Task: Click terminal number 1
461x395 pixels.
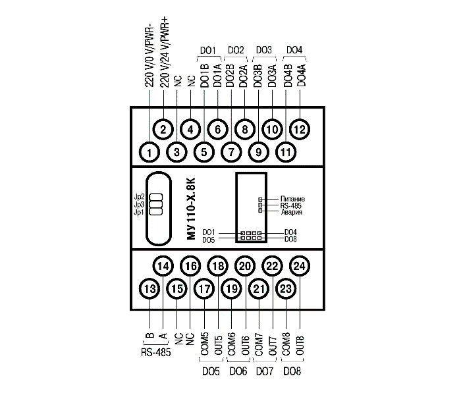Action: [150, 153]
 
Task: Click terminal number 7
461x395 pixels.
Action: [231, 153]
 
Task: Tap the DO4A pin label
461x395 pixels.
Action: [301, 73]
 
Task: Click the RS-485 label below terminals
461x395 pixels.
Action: [155, 352]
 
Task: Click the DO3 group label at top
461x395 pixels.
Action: [263, 50]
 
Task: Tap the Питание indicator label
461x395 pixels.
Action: [292, 199]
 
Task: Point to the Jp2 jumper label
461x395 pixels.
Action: [139, 197]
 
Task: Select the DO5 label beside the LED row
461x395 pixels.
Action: [209, 240]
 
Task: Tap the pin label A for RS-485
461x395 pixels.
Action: [163, 333]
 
